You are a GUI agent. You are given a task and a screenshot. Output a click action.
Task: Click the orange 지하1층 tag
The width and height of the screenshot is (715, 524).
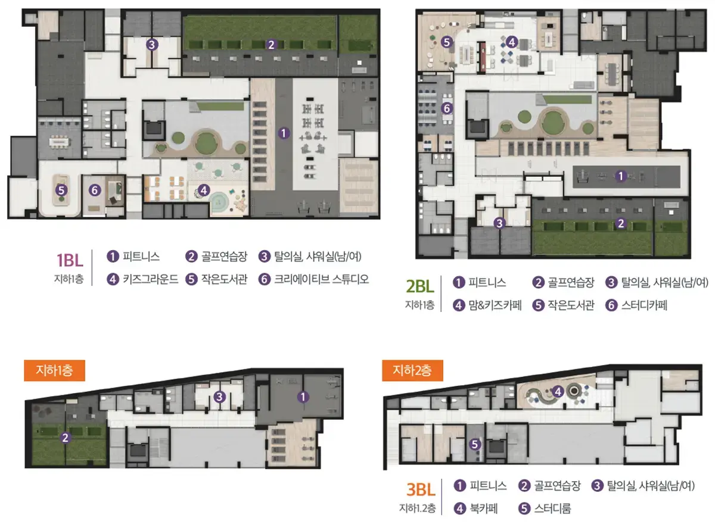(x=55, y=370)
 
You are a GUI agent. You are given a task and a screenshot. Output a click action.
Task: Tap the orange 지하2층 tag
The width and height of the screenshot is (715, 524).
(x=412, y=370)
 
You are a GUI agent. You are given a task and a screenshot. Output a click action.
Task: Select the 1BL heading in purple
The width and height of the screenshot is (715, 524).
(x=70, y=260)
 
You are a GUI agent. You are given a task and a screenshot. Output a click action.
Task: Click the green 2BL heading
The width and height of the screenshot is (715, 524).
(x=419, y=286)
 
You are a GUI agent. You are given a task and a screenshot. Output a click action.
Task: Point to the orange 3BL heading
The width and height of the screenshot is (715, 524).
(x=421, y=489)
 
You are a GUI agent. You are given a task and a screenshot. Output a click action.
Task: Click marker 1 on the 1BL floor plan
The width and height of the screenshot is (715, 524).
(x=284, y=133)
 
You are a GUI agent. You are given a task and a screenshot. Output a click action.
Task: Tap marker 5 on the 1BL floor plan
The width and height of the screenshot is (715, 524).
(x=61, y=191)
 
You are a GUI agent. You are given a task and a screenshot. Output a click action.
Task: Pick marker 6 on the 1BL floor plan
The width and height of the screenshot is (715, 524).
(x=95, y=191)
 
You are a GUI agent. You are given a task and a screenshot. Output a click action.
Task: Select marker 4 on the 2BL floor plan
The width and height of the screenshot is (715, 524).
(x=512, y=42)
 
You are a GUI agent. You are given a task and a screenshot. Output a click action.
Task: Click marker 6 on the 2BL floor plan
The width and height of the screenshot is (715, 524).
(x=447, y=108)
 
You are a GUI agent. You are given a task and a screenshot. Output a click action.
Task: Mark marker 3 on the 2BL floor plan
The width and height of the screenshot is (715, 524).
(x=499, y=223)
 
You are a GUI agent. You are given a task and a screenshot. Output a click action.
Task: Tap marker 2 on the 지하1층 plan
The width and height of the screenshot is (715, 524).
(x=66, y=438)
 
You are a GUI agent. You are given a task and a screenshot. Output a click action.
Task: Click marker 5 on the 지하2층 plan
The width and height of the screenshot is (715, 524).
(x=475, y=444)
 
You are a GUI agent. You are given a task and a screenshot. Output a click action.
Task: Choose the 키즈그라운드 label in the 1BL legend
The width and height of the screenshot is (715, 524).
(x=151, y=279)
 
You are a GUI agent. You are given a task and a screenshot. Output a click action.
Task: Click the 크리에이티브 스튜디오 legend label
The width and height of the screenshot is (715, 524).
(x=321, y=279)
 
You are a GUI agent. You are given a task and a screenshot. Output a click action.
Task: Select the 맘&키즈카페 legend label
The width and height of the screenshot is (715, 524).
(x=495, y=305)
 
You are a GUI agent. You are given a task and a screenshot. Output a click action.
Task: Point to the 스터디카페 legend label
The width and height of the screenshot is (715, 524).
(x=644, y=305)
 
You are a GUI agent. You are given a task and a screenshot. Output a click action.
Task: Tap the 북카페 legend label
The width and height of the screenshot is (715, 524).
(x=484, y=509)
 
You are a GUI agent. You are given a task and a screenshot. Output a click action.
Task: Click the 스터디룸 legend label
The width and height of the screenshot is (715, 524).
(x=552, y=509)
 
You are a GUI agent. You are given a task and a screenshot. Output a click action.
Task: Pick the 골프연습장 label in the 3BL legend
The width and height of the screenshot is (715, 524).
(x=557, y=486)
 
